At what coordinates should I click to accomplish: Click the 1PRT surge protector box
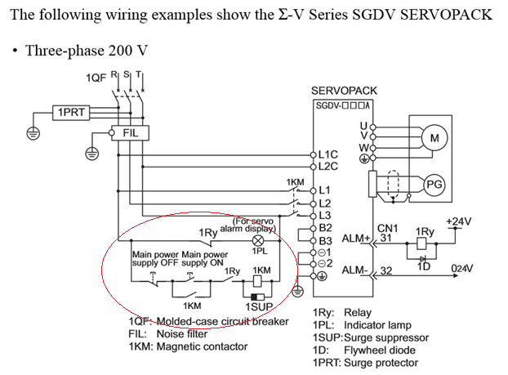click(70, 112)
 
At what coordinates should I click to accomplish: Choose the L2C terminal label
click(329, 165)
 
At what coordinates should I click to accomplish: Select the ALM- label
click(354, 270)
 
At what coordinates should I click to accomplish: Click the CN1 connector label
click(386, 229)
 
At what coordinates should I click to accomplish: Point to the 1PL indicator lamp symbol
click(259, 241)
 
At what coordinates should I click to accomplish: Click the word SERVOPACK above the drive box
click(341, 90)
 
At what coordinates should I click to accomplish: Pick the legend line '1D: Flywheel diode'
click(363, 350)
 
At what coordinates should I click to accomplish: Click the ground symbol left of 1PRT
click(33, 131)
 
